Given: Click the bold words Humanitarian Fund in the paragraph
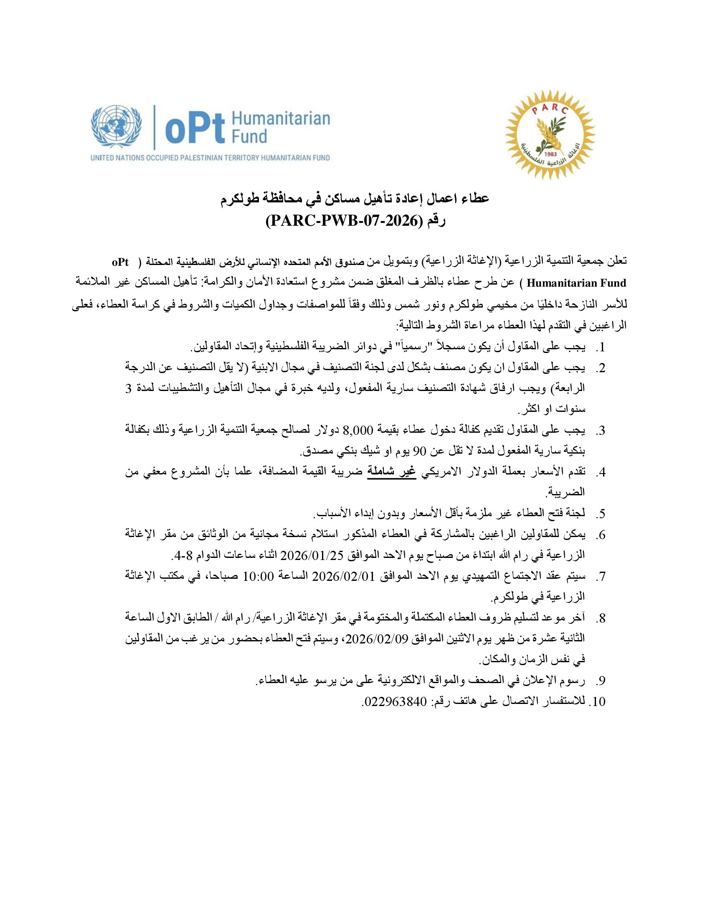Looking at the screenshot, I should tap(576, 283).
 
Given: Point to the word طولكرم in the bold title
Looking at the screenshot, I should tap(243, 198).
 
